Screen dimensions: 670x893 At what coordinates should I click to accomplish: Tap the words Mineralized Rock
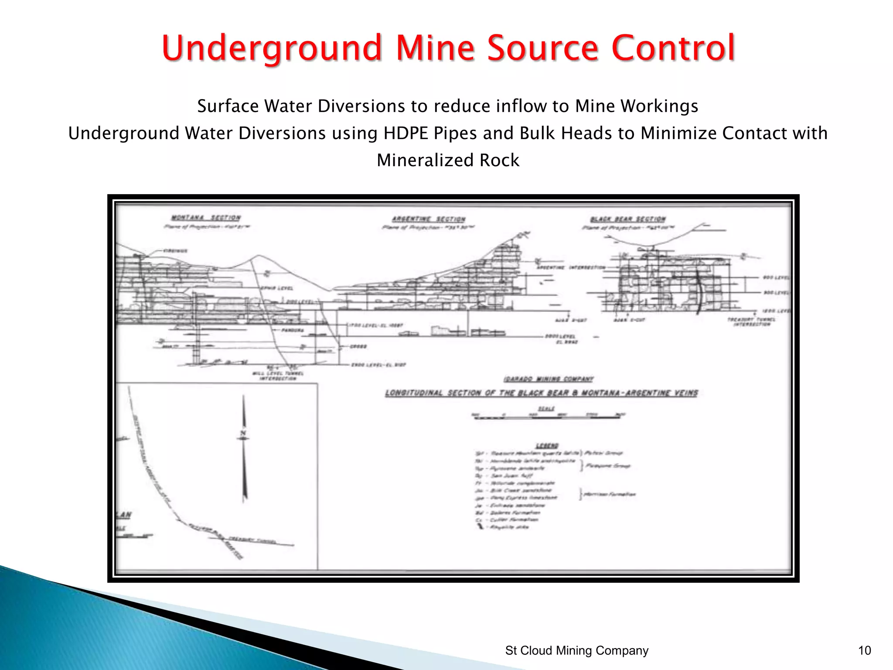[448, 160]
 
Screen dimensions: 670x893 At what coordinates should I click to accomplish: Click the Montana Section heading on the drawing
[205, 218]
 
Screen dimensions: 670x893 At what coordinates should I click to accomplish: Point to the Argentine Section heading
[428, 219]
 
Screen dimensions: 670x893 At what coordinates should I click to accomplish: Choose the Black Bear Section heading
[628, 219]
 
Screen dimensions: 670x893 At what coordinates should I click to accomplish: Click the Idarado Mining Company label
[548, 379]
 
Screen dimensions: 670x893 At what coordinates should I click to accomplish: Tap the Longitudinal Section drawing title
[541, 393]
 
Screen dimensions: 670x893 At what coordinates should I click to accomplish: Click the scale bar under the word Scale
[547, 417]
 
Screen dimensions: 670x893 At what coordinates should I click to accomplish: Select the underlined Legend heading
[547, 445]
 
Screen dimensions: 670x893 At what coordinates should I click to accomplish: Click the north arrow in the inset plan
[244, 447]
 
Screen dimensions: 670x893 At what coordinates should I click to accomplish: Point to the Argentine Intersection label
[571, 267]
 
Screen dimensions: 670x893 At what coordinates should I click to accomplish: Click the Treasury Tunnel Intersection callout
[751, 322]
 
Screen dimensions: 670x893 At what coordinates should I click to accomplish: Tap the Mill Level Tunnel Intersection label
[278, 376]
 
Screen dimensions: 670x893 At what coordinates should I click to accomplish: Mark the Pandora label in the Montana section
[292, 330]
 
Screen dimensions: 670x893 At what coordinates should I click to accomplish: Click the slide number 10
[864, 650]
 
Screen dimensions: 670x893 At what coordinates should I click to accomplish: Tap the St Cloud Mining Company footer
[576, 650]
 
